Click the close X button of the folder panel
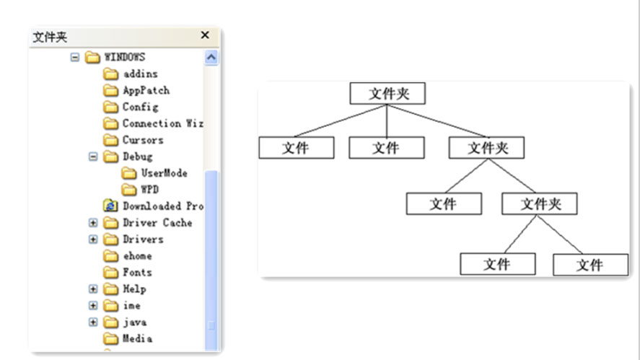[205, 35]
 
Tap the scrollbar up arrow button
[211, 57]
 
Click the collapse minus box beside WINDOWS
[75, 57]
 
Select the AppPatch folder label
[146, 90]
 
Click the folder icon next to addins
[110, 74]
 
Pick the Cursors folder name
[143, 140]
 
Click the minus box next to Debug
[93, 157]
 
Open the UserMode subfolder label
[164, 173]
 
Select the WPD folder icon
[128, 190]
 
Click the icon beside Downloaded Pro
[110, 206]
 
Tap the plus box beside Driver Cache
[93, 223]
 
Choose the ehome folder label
[137, 256]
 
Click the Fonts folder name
[137, 273]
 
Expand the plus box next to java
[93, 322]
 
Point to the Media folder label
[137, 339]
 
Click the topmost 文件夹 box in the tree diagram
[387, 94]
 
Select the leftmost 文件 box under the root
[296, 148]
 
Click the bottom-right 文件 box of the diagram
[589, 265]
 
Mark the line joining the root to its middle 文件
[387, 121]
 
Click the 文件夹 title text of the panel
[50, 37]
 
